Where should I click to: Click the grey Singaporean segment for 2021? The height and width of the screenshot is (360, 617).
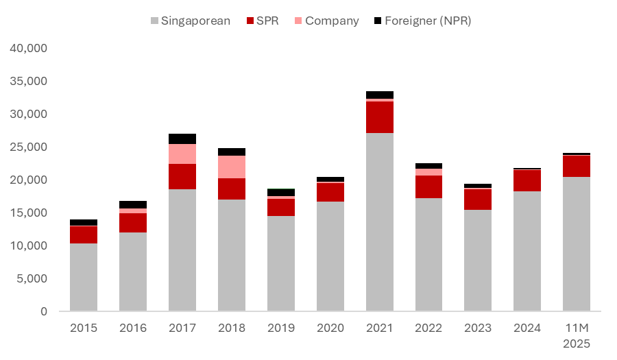380,221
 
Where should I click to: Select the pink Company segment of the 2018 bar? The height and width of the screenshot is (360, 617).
232,167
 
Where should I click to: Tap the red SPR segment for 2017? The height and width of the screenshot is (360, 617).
182,176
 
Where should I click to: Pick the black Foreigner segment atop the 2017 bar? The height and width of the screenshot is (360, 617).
182,139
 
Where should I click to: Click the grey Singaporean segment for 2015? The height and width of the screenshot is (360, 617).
84,277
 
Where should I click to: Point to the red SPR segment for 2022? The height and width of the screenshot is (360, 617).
429,187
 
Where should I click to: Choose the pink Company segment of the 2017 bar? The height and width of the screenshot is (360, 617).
182,154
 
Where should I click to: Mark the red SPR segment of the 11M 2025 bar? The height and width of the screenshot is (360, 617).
577,166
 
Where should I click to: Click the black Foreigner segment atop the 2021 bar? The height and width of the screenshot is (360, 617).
380,95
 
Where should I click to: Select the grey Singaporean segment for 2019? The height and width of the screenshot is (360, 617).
281,263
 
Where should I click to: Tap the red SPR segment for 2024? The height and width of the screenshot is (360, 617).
527,180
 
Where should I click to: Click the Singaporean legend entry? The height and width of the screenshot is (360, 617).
190,21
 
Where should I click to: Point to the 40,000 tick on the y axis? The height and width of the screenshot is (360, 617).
27,49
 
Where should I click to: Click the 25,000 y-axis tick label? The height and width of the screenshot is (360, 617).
27,147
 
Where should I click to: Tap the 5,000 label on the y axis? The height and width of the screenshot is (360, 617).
30,278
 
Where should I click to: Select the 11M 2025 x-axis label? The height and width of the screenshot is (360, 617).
577,335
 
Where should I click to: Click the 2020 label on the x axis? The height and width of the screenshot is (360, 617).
330,328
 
